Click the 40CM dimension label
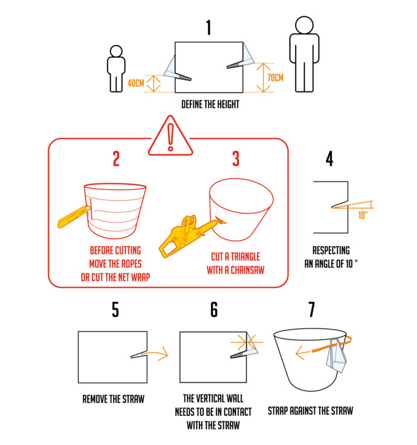click(136, 83)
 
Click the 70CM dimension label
click(276, 77)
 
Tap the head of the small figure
click(116, 51)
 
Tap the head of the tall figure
click(304, 25)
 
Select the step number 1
click(208, 27)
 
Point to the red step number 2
click(116, 158)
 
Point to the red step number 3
click(236, 158)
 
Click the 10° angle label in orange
click(363, 215)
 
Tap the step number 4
click(329, 158)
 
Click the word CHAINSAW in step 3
click(247, 270)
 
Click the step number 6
click(214, 310)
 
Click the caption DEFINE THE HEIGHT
click(210, 105)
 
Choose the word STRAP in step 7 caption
click(278, 411)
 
